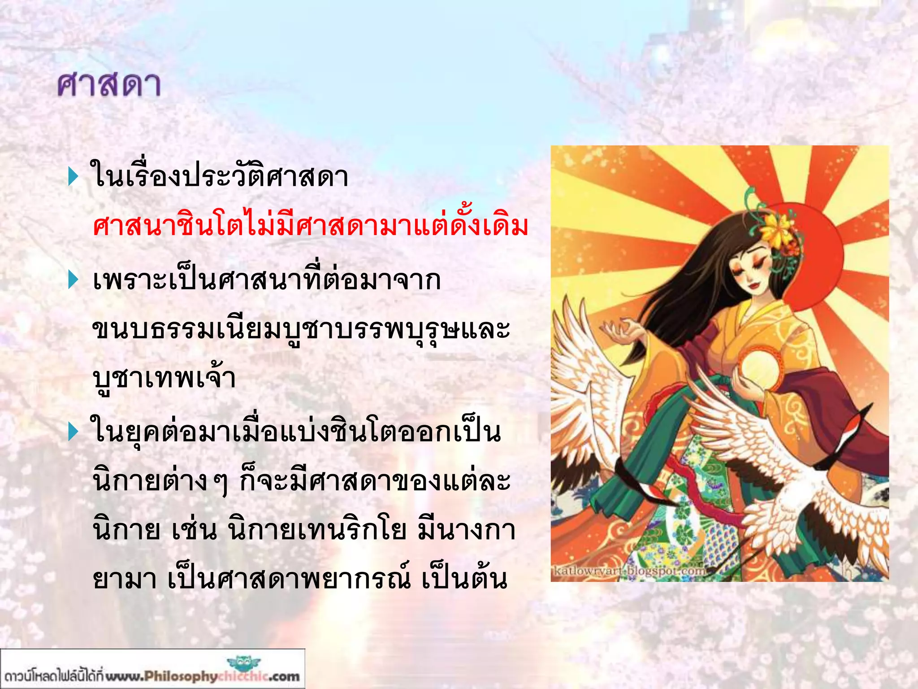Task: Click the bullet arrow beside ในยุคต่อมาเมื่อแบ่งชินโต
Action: tap(73, 432)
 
